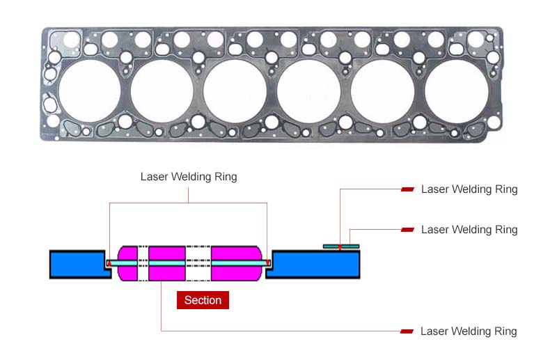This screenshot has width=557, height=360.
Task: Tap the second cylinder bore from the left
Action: (162, 90)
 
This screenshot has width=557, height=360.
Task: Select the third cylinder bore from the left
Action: (235, 90)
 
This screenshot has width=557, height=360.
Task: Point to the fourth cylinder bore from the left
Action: (308, 90)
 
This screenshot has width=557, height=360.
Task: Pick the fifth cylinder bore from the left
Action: (382, 90)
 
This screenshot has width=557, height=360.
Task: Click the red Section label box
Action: (203, 300)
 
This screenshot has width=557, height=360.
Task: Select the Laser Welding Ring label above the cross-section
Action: (189, 177)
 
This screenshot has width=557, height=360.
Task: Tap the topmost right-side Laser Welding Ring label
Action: (469, 189)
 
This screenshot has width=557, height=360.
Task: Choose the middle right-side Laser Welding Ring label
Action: (469, 230)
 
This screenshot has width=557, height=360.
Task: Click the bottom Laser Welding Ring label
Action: (469, 331)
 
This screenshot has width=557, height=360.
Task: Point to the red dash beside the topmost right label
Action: (408, 189)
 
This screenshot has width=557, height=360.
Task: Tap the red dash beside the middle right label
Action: (408, 230)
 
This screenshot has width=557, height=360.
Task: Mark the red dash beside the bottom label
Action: (408, 331)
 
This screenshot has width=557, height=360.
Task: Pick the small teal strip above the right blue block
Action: (341, 246)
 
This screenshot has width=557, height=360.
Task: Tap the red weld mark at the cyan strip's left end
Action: (109, 263)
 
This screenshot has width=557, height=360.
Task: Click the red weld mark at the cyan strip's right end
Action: (268, 263)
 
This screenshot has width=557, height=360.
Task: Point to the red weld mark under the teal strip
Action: (340, 249)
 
